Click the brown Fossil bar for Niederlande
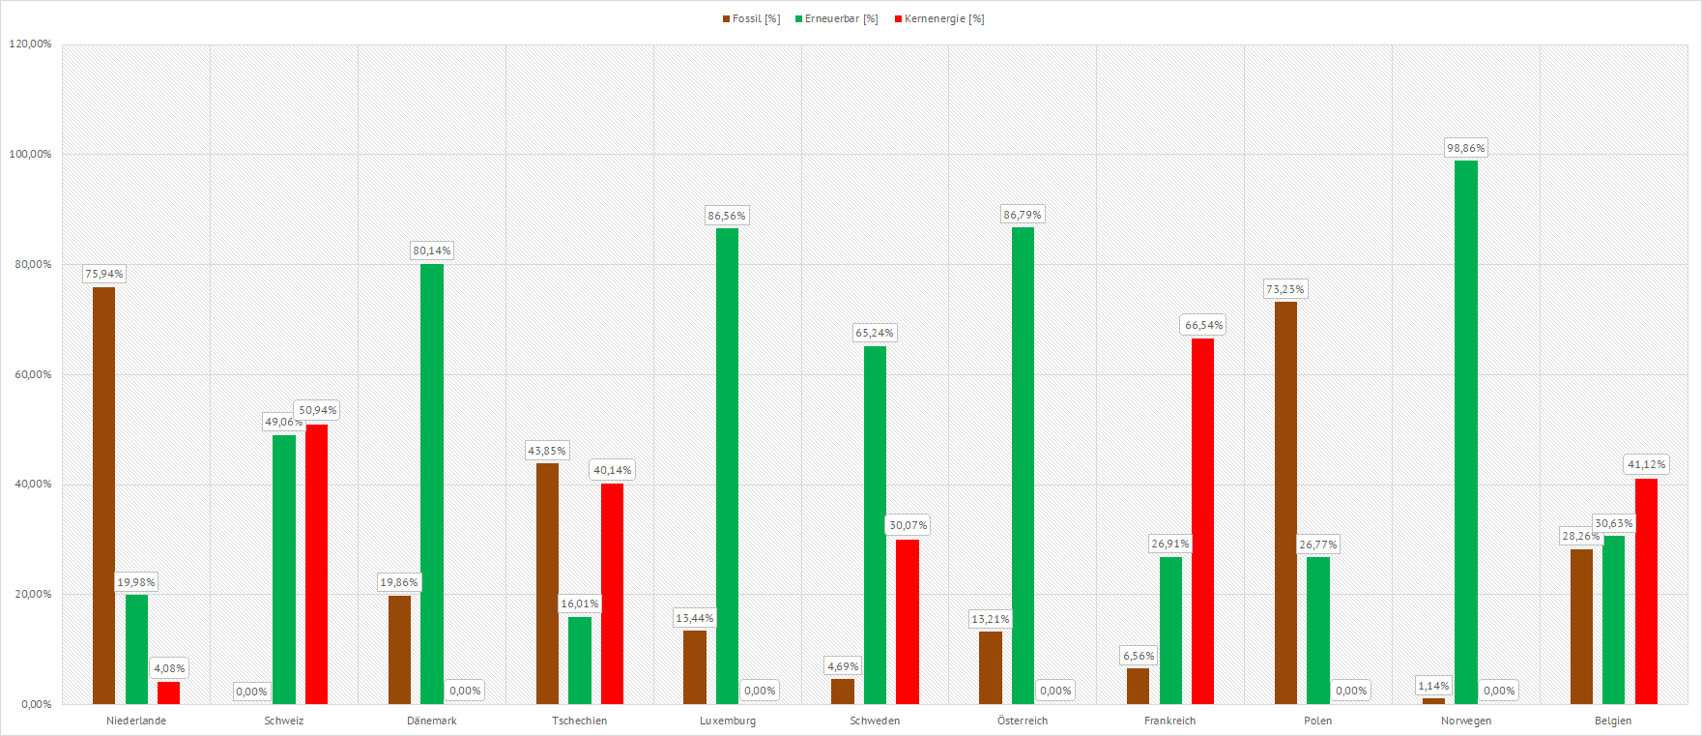(x=103, y=495)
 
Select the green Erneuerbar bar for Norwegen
(x=1465, y=432)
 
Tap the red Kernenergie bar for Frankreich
(x=1202, y=521)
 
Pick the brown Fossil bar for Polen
(x=1285, y=503)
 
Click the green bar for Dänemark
(x=432, y=484)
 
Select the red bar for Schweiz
(x=316, y=564)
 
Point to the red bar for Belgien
(x=1646, y=591)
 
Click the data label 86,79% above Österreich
(x=1023, y=215)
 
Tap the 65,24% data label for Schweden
(x=875, y=333)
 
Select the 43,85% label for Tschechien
(x=547, y=451)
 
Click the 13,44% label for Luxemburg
(x=695, y=618)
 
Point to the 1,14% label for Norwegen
(x=1433, y=686)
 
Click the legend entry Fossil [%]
(x=751, y=19)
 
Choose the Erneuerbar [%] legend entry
(x=836, y=19)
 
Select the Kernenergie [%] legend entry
(x=938, y=19)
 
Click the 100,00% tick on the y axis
(x=31, y=154)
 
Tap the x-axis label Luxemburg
(x=728, y=721)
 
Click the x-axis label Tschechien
(x=580, y=721)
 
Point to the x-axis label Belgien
(x=1613, y=721)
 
